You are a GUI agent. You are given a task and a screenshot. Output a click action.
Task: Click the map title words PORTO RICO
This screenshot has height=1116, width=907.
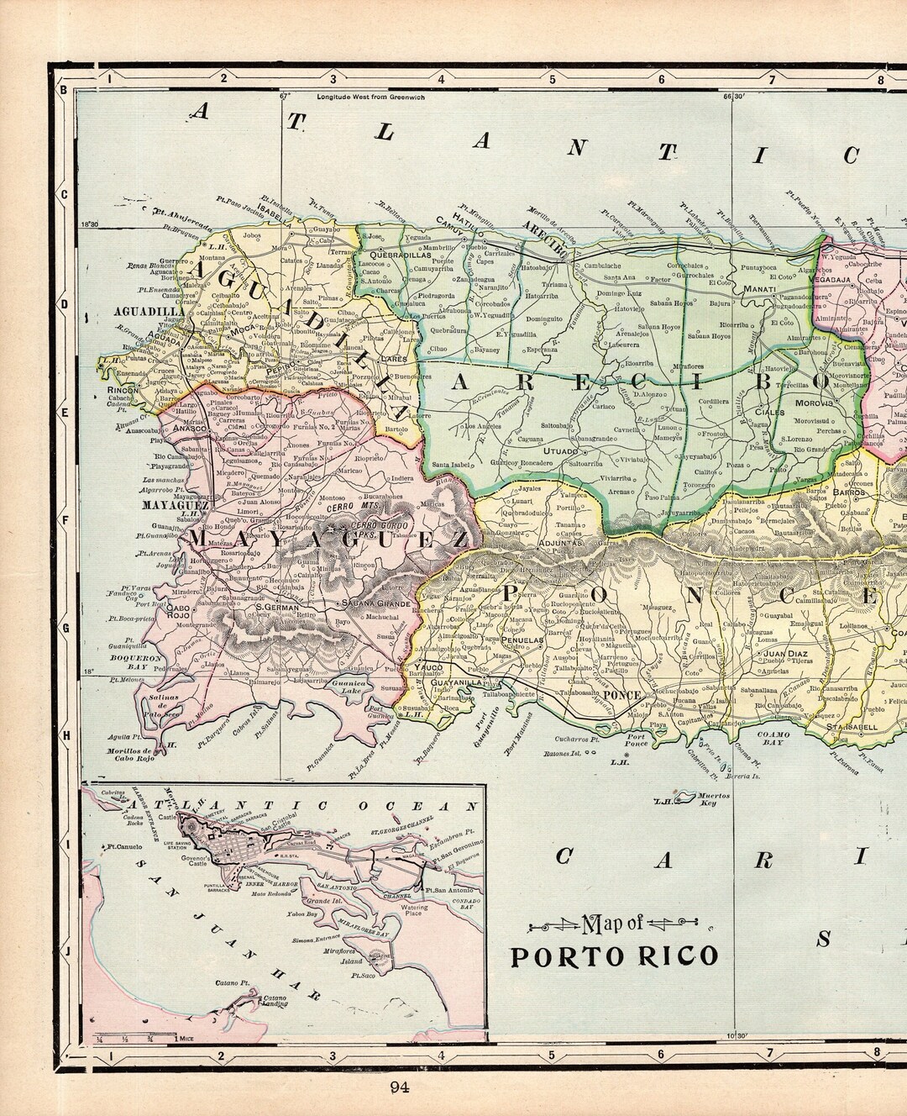(x=615, y=956)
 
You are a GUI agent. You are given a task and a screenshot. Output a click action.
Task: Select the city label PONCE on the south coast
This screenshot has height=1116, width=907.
(x=622, y=695)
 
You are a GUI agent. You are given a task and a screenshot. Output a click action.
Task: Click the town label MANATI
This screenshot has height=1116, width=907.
(x=758, y=289)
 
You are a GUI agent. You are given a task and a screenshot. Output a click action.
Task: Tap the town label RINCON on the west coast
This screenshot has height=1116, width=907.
(x=117, y=391)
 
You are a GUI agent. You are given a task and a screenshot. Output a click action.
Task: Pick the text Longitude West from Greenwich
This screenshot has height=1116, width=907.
(x=371, y=97)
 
